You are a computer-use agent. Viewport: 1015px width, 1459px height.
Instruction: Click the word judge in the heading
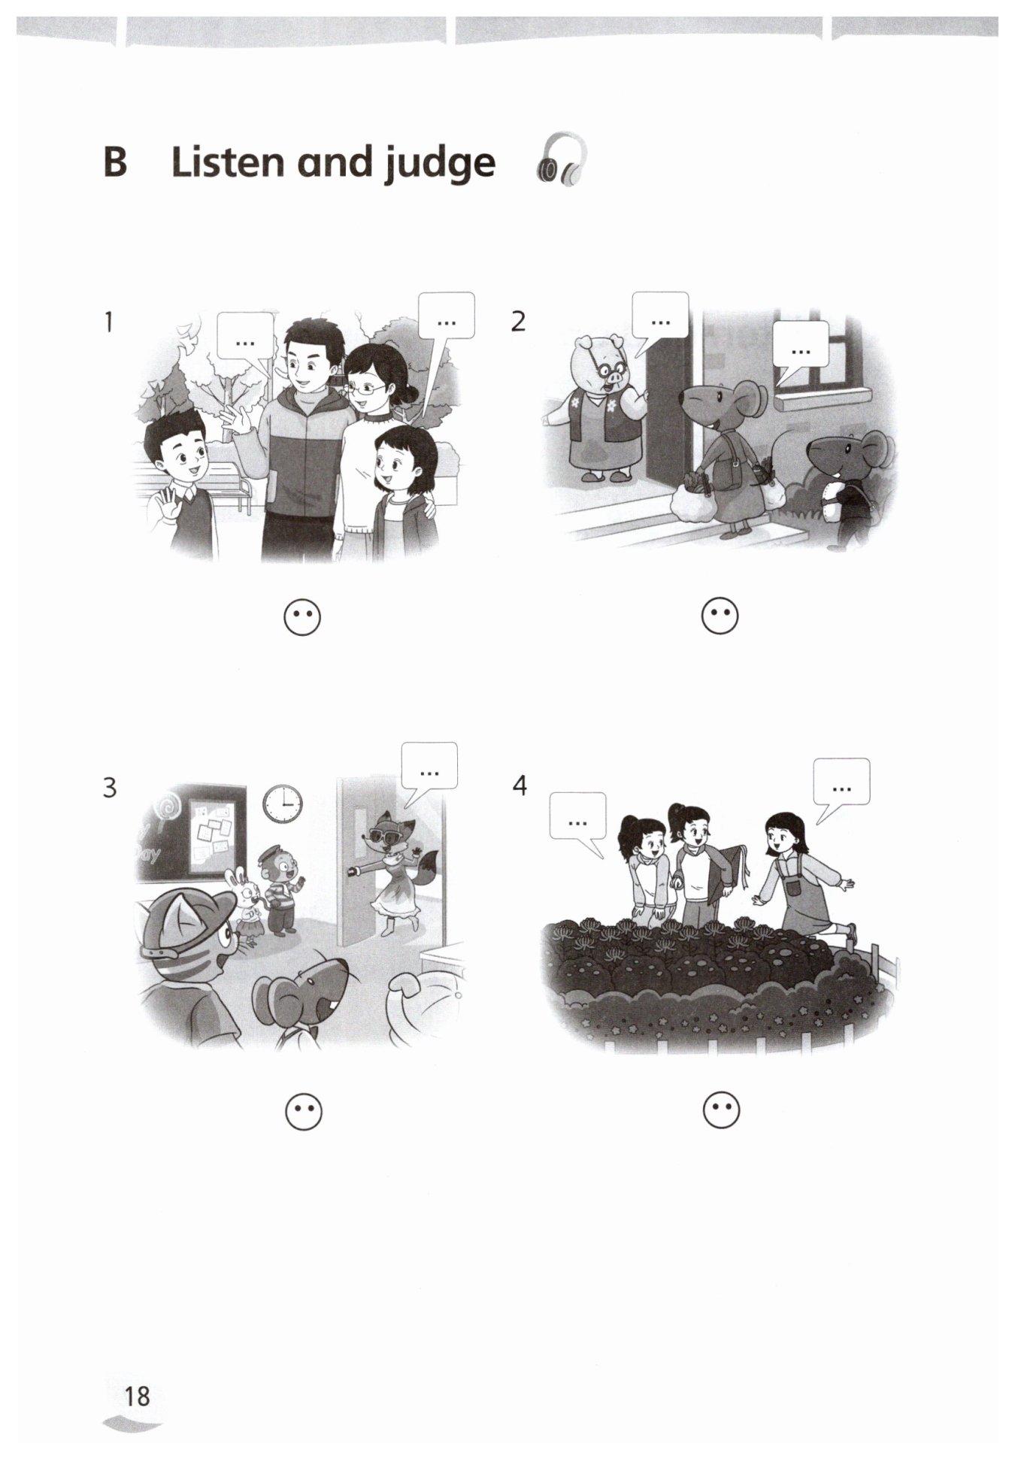[x=441, y=164]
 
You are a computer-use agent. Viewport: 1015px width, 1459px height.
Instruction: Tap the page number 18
[x=137, y=1396]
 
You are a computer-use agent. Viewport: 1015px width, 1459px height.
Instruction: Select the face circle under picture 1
[x=302, y=618]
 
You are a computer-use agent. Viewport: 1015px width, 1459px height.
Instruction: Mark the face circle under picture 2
[x=720, y=616]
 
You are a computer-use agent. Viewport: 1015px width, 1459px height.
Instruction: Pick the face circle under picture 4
[x=721, y=1110]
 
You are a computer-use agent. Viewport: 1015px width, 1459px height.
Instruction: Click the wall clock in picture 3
[x=283, y=804]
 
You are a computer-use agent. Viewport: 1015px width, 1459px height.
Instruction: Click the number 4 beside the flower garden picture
[x=520, y=785]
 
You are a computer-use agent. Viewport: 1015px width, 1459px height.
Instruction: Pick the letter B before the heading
[x=115, y=161]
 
